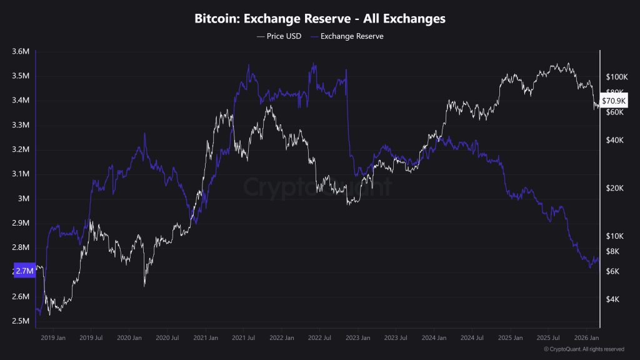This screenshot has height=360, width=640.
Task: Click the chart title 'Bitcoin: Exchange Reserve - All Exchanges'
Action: (320, 19)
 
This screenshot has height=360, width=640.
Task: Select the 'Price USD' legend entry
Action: (279, 36)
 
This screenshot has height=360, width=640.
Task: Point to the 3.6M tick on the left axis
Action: (21, 52)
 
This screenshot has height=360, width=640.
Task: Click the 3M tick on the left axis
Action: (24, 199)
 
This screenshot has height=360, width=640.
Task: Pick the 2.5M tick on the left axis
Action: (21, 321)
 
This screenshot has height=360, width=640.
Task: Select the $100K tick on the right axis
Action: (616, 77)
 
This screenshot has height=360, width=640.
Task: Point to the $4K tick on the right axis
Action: (612, 299)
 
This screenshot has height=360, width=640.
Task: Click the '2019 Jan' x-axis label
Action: (52, 337)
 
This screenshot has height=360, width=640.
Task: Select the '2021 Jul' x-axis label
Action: (244, 337)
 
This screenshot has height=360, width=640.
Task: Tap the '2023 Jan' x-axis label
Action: (358, 337)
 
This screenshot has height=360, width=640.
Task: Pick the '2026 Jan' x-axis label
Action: (586, 337)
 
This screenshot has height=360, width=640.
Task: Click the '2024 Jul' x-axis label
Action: (472, 337)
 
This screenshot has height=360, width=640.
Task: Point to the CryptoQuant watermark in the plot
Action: (317, 187)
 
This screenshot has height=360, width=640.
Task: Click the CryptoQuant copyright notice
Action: (584, 349)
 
